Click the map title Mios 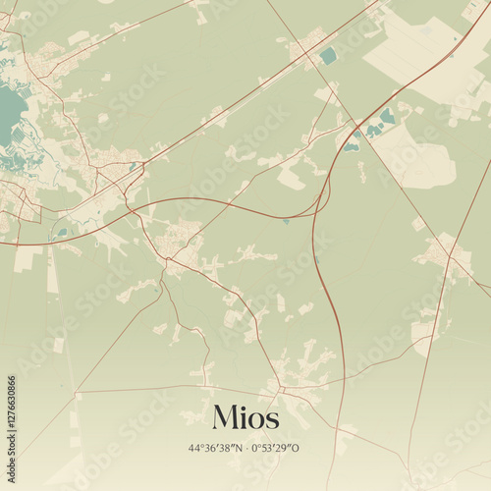(x=244, y=417)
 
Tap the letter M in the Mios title (x=223, y=417)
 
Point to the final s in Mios (x=271, y=420)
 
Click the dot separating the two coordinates (x=246, y=449)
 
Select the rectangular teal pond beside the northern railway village (x=327, y=56)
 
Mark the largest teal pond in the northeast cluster (x=387, y=117)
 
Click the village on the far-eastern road (x=444, y=253)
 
